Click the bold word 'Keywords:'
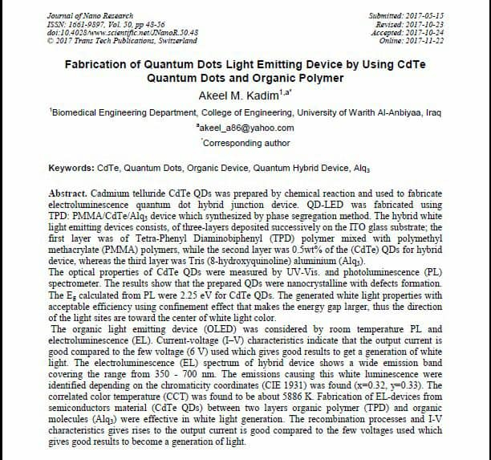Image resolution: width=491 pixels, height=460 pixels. [x=71, y=169]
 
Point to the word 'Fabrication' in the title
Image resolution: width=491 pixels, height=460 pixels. [x=96, y=63]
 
